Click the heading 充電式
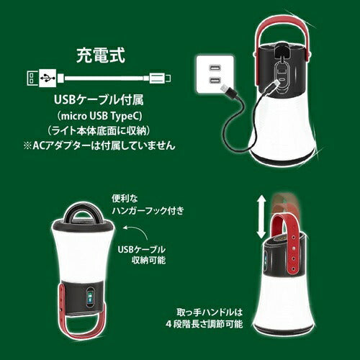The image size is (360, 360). pos(100,55)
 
